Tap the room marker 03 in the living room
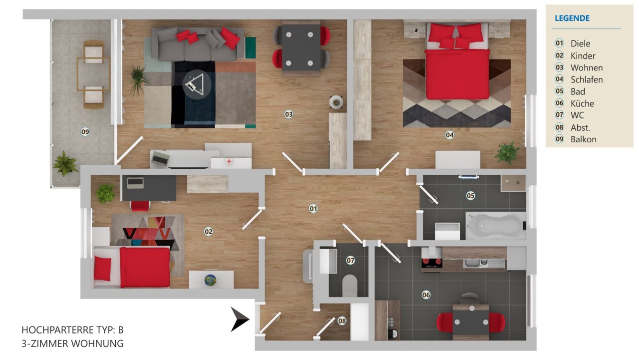(x=289, y=114)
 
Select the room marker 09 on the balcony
(x=85, y=132)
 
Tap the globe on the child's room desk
(x=211, y=281)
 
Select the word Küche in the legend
(x=582, y=103)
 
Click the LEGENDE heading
(x=572, y=18)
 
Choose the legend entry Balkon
(x=583, y=139)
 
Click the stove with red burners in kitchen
(x=431, y=262)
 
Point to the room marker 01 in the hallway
(x=314, y=209)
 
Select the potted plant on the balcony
(x=65, y=163)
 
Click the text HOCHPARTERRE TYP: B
(x=72, y=330)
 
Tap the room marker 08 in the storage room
(x=342, y=321)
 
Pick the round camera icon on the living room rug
(x=197, y=84)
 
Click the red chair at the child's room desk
(x=140, y=206)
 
